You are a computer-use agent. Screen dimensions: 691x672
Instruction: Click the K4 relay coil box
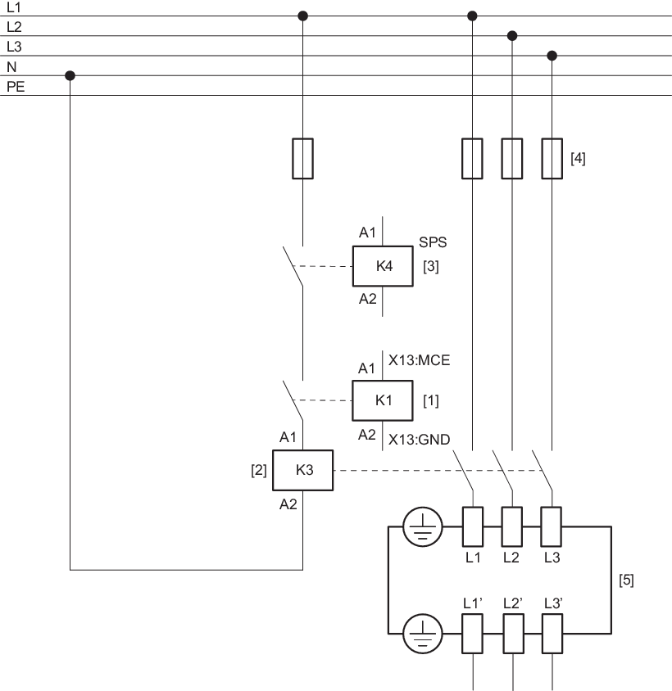384,266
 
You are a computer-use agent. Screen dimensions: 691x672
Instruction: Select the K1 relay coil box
384,400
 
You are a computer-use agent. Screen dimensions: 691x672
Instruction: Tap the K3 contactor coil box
304,470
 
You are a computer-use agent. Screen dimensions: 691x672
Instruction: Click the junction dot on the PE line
70,75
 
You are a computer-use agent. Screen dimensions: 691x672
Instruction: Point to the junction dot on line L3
552,56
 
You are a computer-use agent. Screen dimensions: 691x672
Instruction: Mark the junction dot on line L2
512,36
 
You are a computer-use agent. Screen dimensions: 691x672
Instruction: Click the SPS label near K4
433,242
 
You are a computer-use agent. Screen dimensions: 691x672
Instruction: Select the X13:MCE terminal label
419,359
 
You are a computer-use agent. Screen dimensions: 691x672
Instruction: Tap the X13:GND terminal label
419,440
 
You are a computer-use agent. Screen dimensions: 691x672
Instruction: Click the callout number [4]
578,158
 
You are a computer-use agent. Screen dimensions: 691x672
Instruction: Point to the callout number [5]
626,580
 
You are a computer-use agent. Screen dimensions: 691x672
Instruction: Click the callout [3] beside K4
431,266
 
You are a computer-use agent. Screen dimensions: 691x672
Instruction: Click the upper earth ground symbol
423,526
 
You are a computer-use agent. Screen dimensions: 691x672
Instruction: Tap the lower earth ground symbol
423,634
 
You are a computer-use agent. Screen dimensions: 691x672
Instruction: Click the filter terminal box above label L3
552,526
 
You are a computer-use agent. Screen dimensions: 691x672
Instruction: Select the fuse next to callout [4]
552,158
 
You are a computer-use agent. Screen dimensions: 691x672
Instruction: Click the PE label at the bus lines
16,85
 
